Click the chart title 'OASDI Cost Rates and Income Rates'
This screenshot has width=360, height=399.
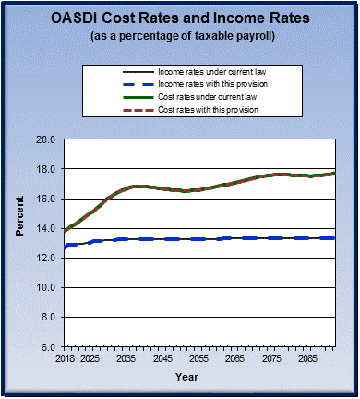point(180,18)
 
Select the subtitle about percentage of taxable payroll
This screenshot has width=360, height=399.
point(180,36)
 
